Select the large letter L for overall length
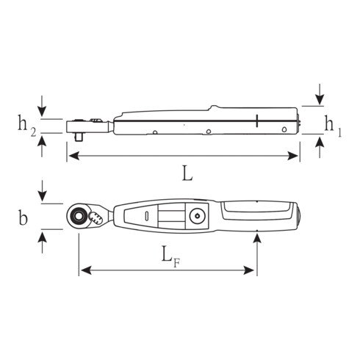pos(187,174)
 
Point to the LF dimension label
pos(170,255)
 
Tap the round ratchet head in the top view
pos(78,216)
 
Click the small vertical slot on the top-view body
pos(146,216)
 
